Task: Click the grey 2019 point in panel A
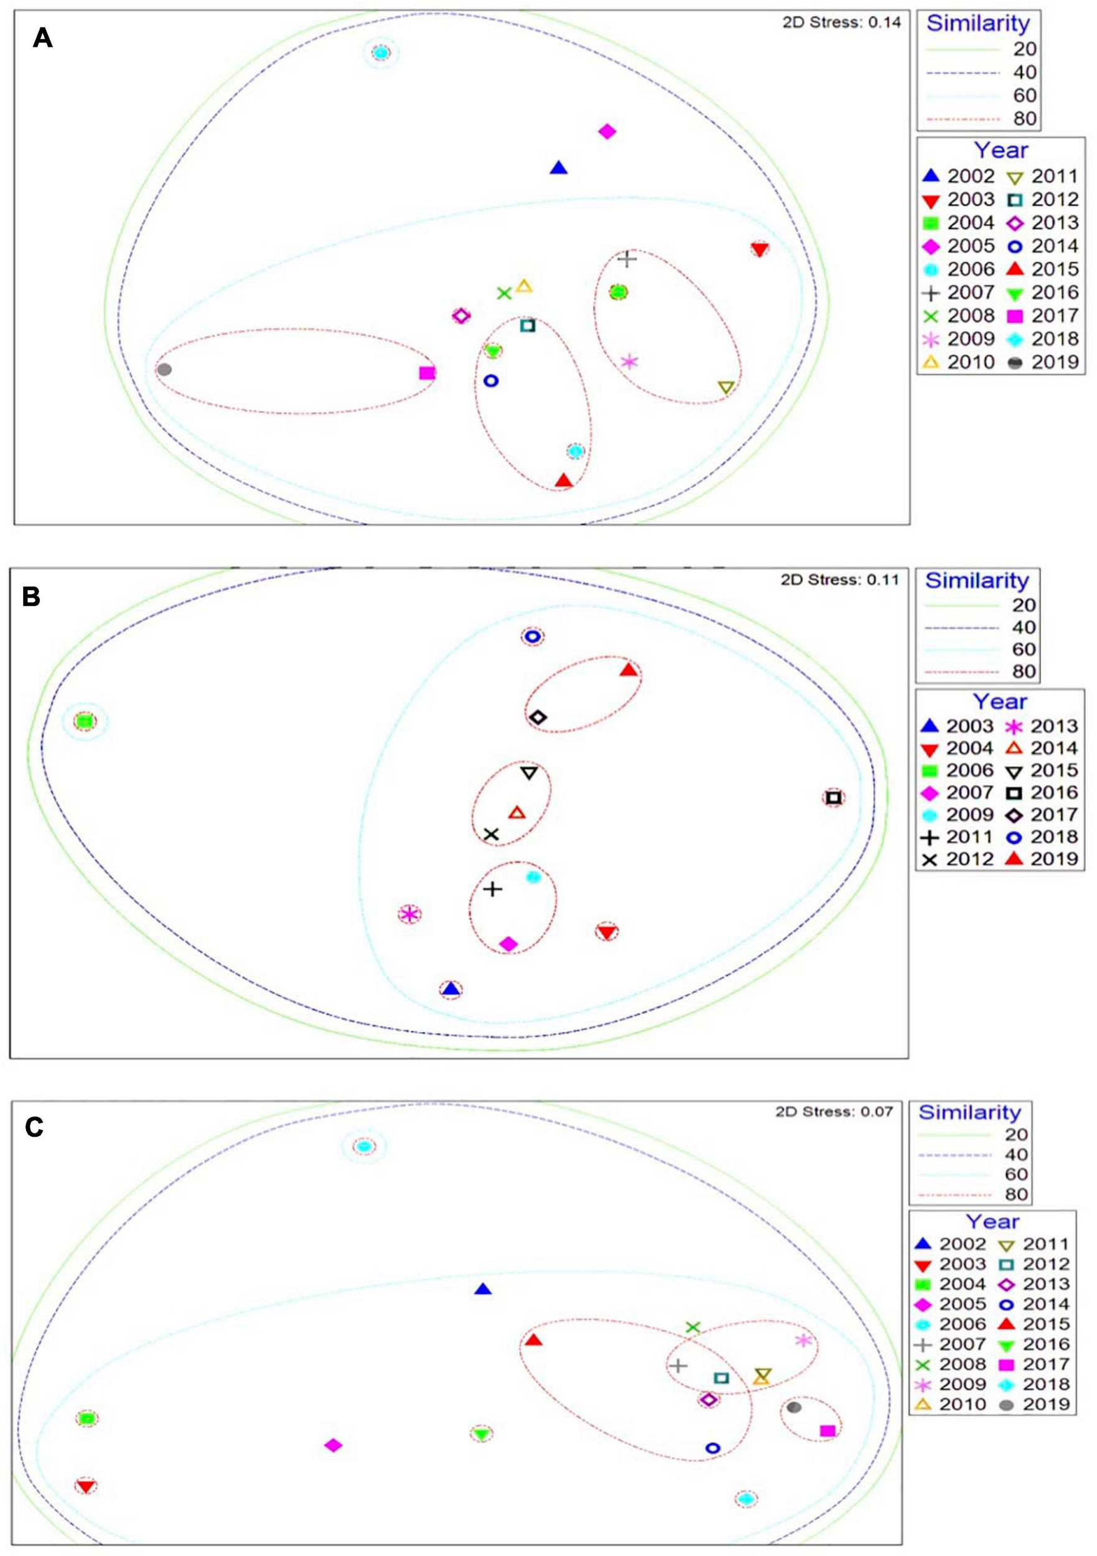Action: point(164,369)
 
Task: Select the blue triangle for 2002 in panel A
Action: point(558,168)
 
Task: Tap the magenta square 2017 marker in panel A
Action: point(427,373)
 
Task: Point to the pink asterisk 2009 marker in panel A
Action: point(630,362)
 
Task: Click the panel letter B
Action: point(31,597)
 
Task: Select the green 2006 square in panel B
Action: point(84,722)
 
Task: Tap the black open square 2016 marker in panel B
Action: point(834,798)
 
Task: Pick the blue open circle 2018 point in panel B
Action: point(533,636)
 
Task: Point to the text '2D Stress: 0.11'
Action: point(839,579)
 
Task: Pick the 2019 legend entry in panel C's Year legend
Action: point(1035,1404)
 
